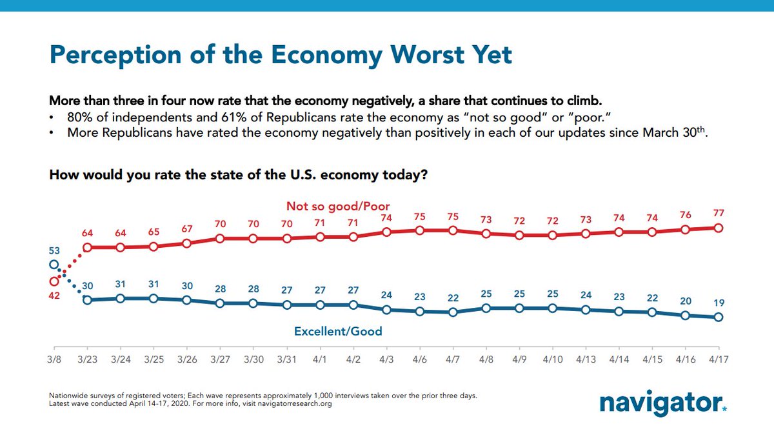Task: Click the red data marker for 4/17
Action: coord(718,228)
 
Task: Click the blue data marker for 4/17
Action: coord(718,317)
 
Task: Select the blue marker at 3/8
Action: coord(54,264)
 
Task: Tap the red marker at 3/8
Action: coord(54,281)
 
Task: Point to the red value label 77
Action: coord(718,213)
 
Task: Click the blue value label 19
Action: coord(718,302)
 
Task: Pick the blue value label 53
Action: coord(54,249)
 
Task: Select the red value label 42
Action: coord(54,296)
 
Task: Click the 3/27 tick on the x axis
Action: coord(219,359)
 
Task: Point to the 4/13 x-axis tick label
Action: coord(585,359)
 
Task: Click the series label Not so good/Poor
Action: coord(338,207)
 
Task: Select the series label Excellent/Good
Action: coord(338,332)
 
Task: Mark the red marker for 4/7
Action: coord(452,230)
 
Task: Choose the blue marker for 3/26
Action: coord(186,300)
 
